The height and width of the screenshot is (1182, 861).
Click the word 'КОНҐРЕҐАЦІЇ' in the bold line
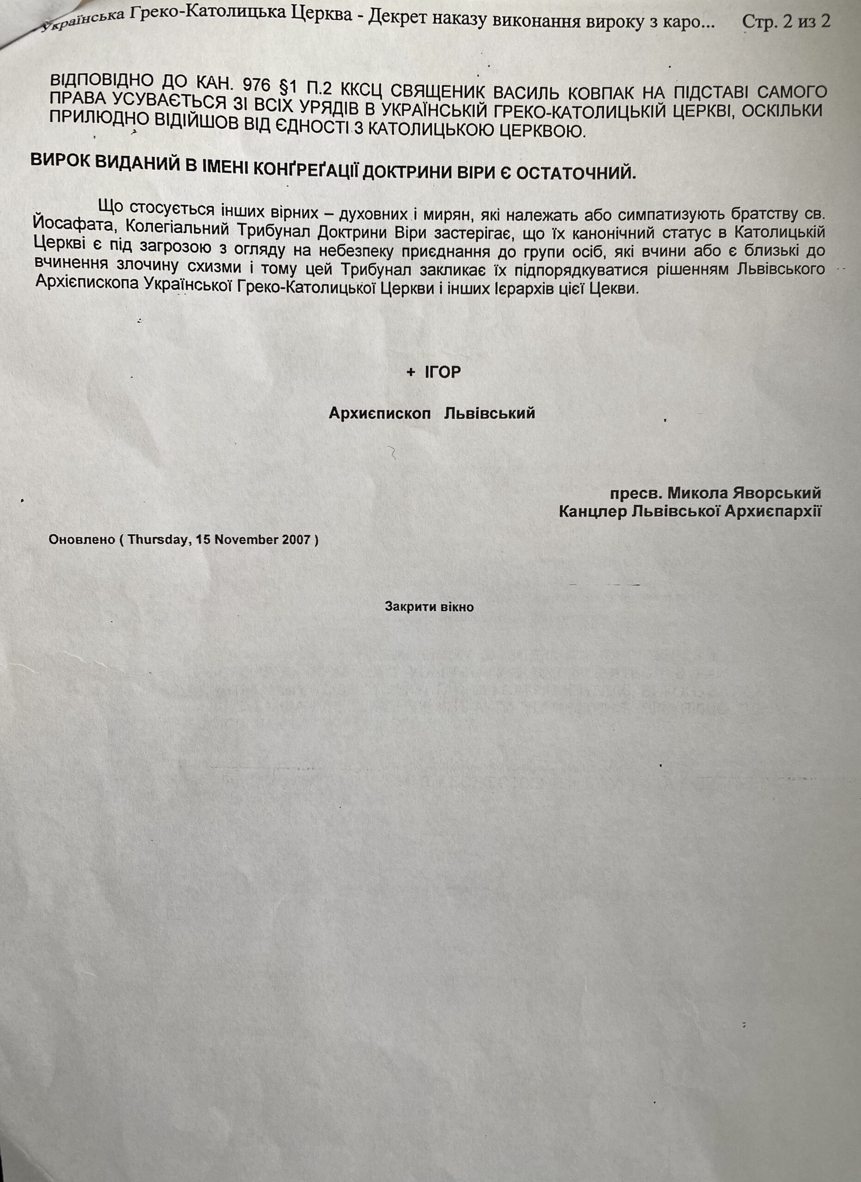(302, 170)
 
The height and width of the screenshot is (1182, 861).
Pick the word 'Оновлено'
(81, 540)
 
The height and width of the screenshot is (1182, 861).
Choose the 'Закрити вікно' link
(429, 607)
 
